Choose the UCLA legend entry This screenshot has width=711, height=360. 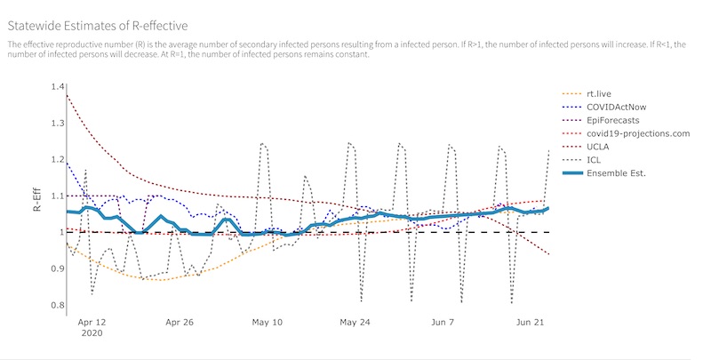598,147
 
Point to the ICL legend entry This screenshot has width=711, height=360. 594,160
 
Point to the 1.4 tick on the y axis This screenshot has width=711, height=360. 58,86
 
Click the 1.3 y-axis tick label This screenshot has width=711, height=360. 58,123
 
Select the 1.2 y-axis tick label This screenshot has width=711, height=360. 58,159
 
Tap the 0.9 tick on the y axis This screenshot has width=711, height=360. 58,268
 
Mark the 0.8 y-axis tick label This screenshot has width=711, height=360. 58,306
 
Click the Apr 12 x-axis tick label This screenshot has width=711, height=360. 92,324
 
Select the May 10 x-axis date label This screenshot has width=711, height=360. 268,324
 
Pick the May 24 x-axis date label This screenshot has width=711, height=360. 355,324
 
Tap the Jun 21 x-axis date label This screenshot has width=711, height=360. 530,324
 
